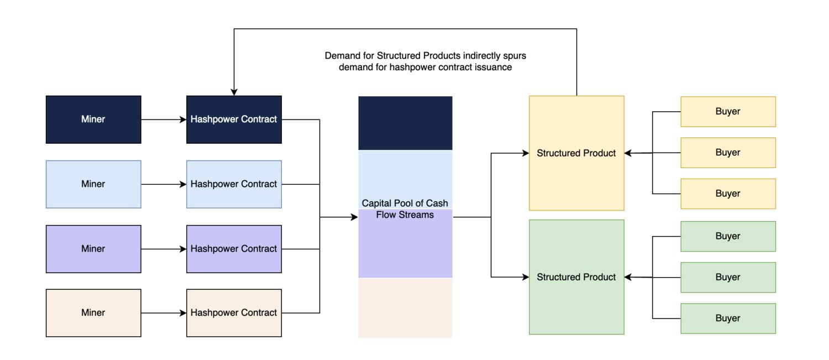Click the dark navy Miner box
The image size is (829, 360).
(93, 119)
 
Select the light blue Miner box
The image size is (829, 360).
(93, 184)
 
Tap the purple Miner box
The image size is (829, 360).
(93, 249)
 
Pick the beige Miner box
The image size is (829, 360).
(93, 313)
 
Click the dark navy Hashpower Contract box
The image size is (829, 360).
(234, 119)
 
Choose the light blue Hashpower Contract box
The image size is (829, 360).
(234, 184)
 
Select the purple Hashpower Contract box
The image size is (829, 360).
(234, 249)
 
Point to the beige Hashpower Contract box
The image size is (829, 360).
(234, 313)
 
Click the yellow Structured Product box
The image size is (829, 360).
(576, 153)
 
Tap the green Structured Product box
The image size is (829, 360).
(576, 277)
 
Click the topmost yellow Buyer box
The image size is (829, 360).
(728, 112)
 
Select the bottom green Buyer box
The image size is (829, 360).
(728, 319)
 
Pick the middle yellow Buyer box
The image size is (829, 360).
(728, 153)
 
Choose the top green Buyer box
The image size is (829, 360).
(728, 236)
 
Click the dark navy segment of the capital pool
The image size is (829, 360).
(405, 123)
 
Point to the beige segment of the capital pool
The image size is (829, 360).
(405, 307)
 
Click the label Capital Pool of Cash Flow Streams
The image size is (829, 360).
(405, 209)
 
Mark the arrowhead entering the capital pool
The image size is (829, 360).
(355, 217)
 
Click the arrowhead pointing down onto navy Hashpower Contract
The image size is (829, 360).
(234, 92)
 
